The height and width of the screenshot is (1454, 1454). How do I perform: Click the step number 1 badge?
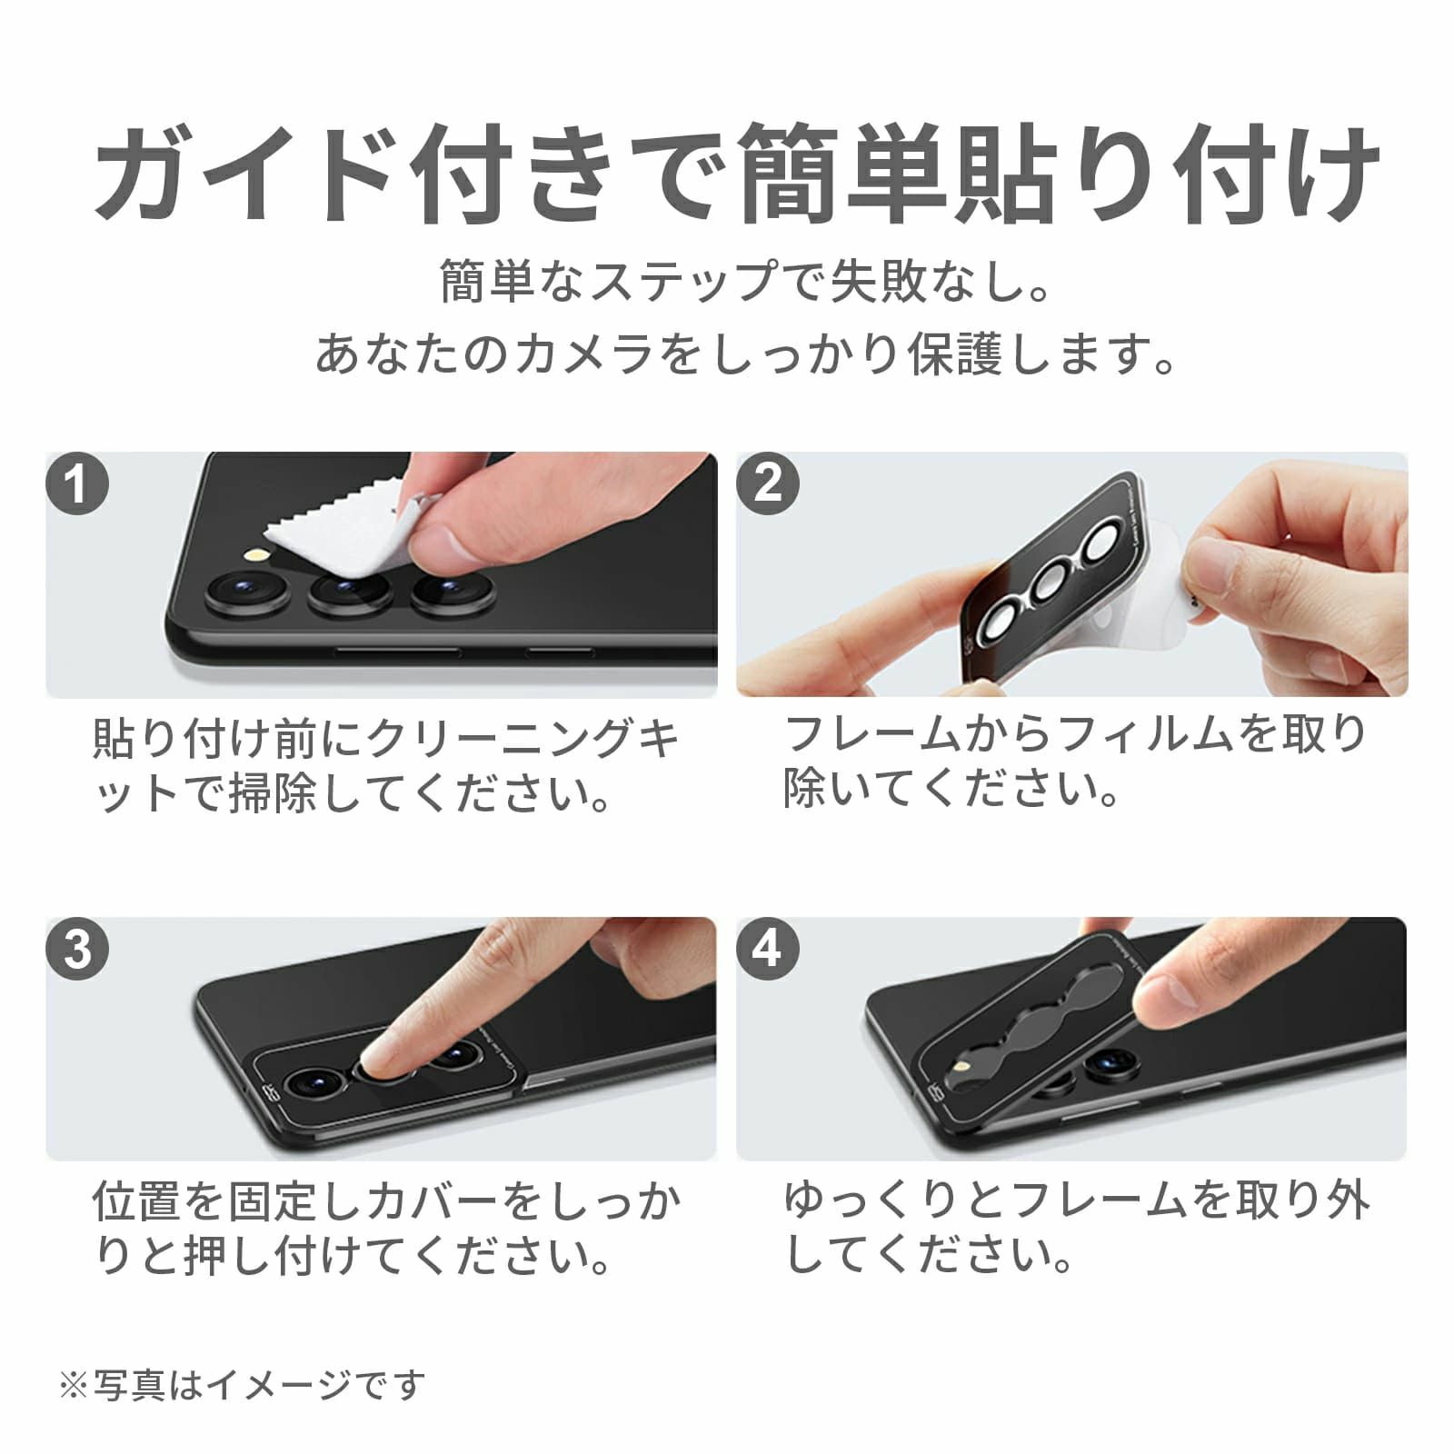[x=77, y=483]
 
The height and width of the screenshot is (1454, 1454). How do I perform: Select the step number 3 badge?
[x=77, y=949]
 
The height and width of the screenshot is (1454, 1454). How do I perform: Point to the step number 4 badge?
[x=768, y=949]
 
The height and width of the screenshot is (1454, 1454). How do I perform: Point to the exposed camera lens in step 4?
[x=1110, y=1064]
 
